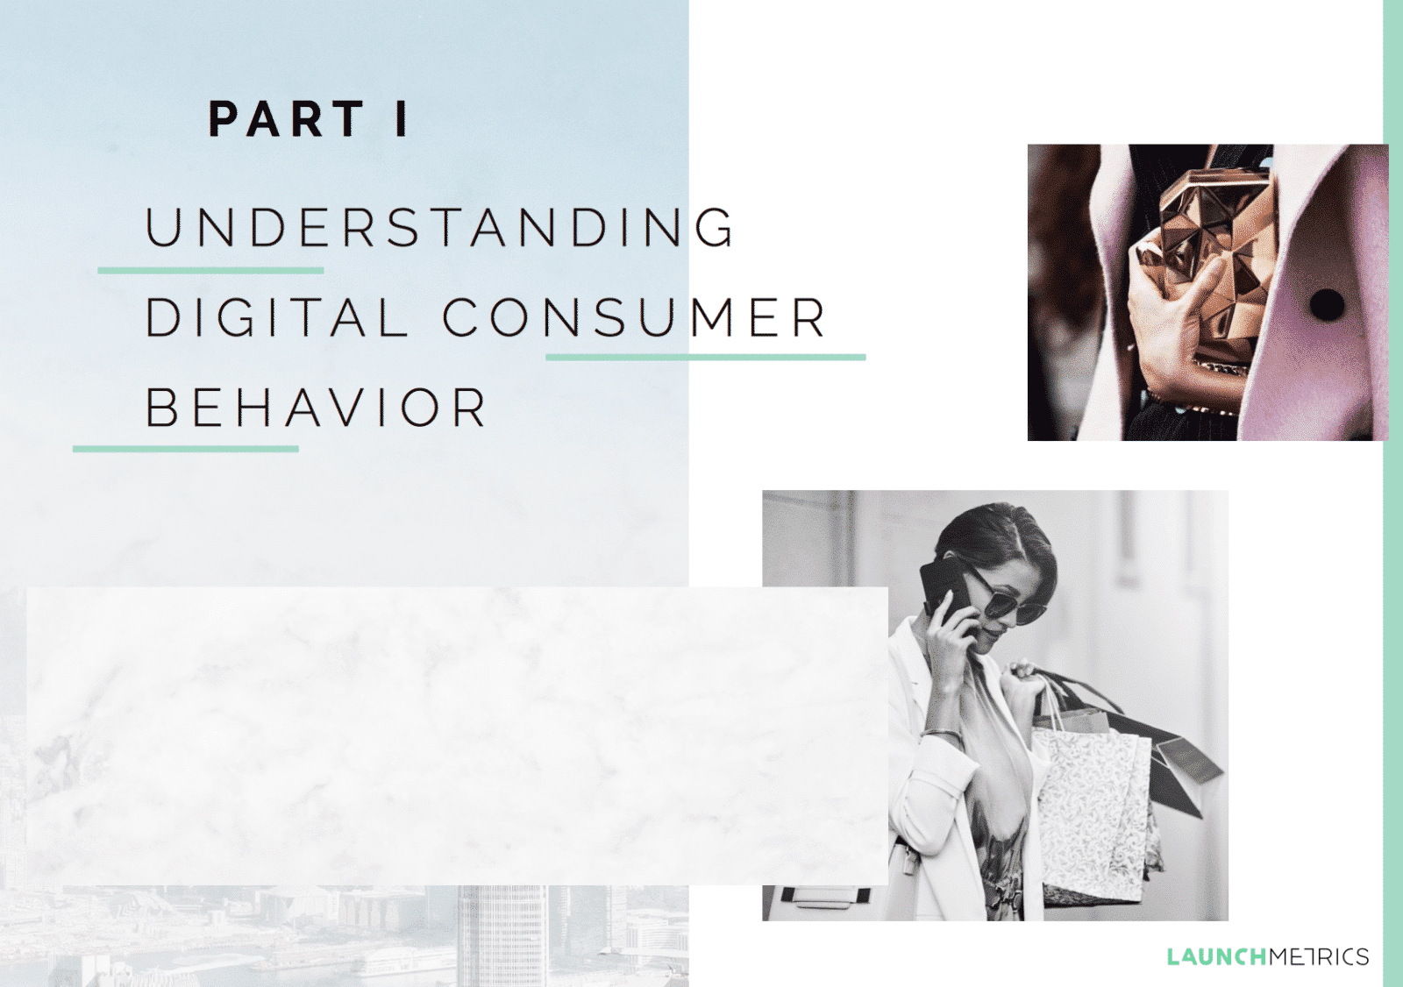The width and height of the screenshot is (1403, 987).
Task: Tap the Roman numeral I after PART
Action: point(402,118)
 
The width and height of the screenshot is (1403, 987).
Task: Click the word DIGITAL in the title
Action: point(276,317)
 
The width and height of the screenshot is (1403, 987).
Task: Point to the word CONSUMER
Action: point(635,317)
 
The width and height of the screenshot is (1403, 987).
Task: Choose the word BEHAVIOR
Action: point(316,408)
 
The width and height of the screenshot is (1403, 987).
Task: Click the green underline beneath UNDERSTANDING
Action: point(210,271)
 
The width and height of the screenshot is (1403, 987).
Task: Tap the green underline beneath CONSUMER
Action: point(706,357)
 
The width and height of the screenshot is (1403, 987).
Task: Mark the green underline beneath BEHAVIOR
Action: point(185,449)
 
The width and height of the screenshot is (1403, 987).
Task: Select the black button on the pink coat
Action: point(1327,304)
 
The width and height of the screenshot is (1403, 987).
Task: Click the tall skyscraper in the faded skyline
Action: point(502,935)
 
